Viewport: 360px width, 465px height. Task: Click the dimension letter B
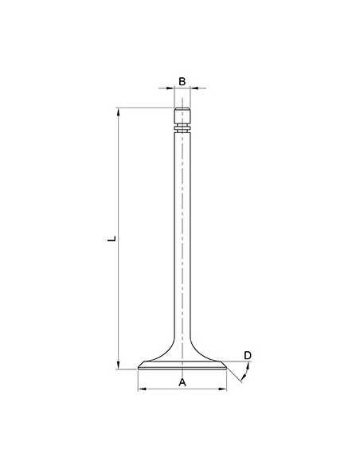click(x=182, y=81)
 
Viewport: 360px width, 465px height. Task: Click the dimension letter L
click(x=113, y=237)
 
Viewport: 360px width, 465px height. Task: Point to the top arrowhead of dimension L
click(x=119, y=111)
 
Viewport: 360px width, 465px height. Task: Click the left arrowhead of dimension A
click(x=142, y=389)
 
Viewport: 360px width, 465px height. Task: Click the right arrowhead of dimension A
click(x=222, y=389)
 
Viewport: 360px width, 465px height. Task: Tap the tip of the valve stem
click(x=182, y=110)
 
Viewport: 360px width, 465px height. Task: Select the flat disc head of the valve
click(x=182, y=367)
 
